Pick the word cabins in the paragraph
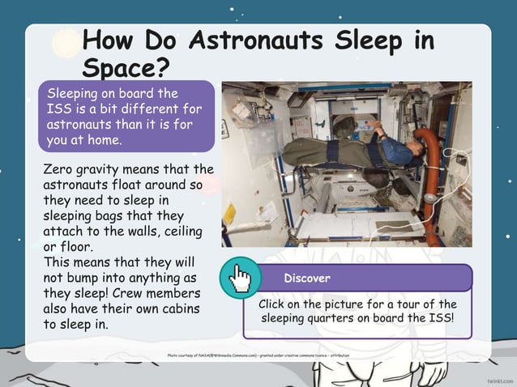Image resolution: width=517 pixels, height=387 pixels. pyautogui.click(x=175, y=308)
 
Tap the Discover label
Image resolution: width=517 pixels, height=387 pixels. pyautogui.click(x=307, y=279)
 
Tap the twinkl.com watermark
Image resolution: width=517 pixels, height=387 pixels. pyautogui.click(x=500, y=379)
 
